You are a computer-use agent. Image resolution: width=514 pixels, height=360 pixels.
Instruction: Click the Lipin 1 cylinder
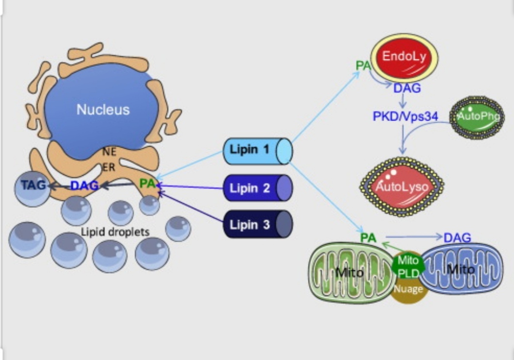point(257,151)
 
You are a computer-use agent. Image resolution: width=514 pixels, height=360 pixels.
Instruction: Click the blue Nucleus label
point(103,110)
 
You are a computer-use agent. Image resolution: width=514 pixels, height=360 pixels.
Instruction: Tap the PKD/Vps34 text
point(405,117)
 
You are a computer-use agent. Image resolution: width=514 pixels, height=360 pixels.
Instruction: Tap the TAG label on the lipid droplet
point(33,185)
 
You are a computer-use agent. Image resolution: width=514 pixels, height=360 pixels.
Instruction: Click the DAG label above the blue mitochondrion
point(457,237)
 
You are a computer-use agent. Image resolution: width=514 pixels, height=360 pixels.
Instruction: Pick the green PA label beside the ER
point(147,184)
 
